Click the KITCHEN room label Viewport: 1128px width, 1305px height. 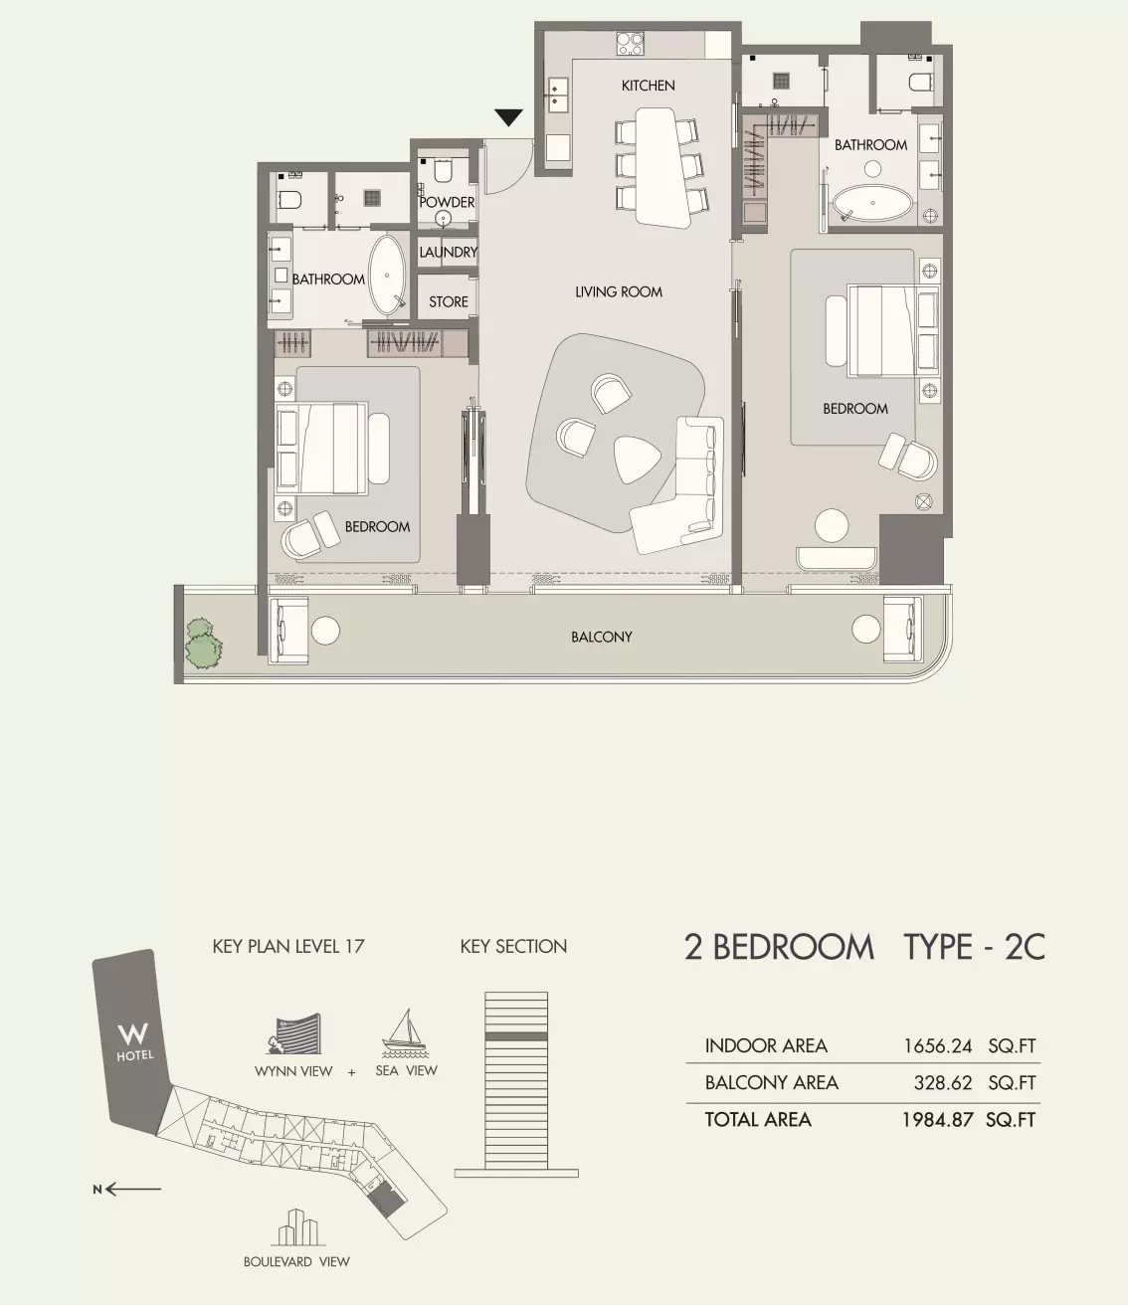[x=648, y=86]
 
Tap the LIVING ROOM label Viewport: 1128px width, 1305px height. [x=619, y=291]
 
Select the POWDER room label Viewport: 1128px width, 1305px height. [x=447, y=202]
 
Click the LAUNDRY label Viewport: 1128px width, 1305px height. [x=449, y=252]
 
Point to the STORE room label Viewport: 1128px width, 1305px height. [x=449, y=301]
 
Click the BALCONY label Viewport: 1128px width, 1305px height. [x=602, y=637]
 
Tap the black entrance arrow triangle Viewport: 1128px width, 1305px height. [x=508, y=117]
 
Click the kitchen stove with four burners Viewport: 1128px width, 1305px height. [x=630, y=44]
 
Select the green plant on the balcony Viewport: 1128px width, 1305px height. [x=203, y=643]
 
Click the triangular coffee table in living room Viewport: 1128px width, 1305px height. [x=635, y=459]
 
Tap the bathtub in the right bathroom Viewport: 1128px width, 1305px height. [x=873, y=203]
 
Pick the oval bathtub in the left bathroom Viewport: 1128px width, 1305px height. [x=387, y=276]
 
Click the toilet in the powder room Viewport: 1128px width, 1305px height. [x=443, y=171]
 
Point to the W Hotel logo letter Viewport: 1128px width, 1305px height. [x=133, y=1034]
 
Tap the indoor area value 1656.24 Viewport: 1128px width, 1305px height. [x=937, y=1046]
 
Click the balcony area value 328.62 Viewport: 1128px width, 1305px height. [x=943, y=1083]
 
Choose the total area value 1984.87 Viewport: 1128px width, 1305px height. [x=937, y=1119]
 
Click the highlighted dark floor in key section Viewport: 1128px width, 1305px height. [x=516, y=1036]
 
